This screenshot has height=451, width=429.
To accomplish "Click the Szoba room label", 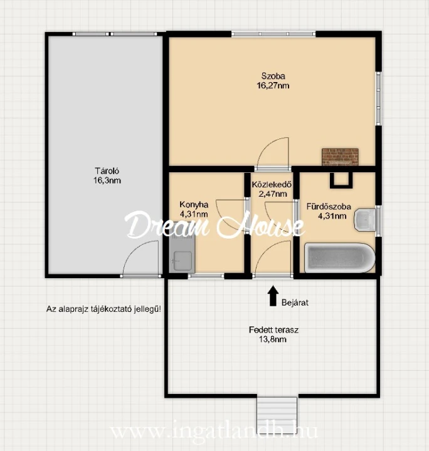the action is pyautogui.click(x=273, y=76).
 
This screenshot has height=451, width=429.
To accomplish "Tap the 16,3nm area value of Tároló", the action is pyautogui.click(x=107, y=180).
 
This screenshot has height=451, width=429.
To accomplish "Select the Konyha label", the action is pyautogui.click(x=194, y=204).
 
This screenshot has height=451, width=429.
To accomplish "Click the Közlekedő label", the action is pyautogui.click(x=272, y=184).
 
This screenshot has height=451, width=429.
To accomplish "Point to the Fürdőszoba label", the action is pyautogui.click(x=329, y=207).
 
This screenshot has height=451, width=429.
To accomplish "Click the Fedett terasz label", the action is pyautogui.click(x=273, y=329).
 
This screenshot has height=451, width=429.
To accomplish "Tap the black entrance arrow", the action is pyautogui.click(x=273, y=296).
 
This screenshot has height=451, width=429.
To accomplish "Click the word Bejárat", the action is pyautogui.click(x=295, y=303).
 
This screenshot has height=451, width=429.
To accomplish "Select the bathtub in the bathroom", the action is pyautogui.click(x=340, y=257).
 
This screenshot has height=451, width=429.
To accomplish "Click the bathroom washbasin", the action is pyautogui.click(x=365, y=220).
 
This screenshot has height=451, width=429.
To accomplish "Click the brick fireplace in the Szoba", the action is pyautogui.click(x=340, y=157).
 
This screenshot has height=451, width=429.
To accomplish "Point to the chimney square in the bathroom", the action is pyautogui.click(x=341, y=180).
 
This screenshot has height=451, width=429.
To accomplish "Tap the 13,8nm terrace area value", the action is pyautogui.click(x=273, y=340).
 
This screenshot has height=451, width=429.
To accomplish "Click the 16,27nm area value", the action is pyautogui.click(x=273, y=85).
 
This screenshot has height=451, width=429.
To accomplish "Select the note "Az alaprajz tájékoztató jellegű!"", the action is pyautogui.click(x=103, y=309).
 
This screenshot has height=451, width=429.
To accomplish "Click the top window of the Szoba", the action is pyautogui.click(x=273, y=34).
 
